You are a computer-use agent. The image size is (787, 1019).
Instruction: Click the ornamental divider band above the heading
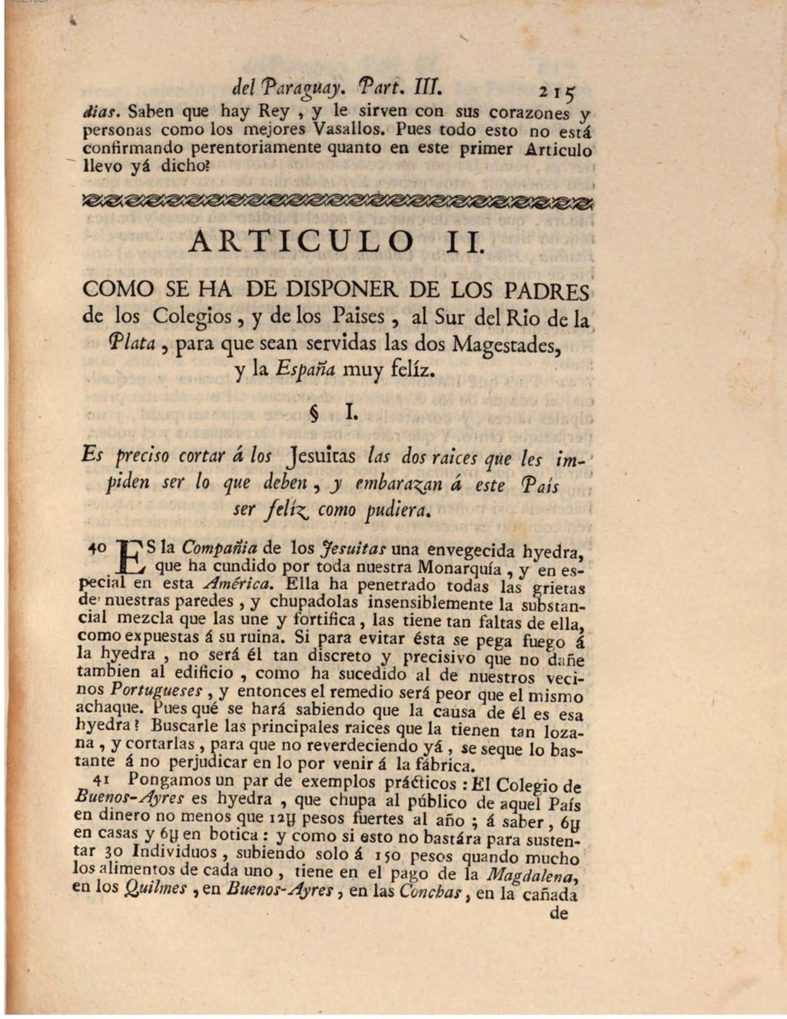[x=338, y=201]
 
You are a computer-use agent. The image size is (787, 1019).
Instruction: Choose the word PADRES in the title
[x=546, y=291]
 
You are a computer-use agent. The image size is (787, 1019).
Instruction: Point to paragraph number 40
[x=97, y=548]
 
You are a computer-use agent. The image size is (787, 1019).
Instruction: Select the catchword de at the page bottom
[x=560, y=914]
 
